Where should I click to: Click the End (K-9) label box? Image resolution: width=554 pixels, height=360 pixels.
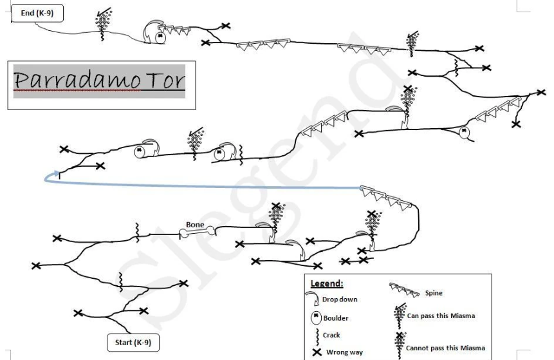click(37, 14)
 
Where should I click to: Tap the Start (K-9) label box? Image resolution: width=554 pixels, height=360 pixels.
click(133, 343)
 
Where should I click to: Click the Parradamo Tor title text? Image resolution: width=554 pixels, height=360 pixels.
click(99, 81)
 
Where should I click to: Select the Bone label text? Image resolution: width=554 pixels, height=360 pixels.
click(195, 225)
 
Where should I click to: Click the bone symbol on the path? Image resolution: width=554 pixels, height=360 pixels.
click(197, 232)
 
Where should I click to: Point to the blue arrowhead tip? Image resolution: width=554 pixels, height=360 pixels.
click(59, 172)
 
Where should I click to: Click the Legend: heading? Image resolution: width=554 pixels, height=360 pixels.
click(327, 283)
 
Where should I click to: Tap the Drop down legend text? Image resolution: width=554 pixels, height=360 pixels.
click(340, 299)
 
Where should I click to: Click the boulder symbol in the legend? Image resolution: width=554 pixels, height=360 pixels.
click(316, 317)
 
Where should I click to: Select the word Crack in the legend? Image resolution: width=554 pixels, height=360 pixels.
click(331, 336)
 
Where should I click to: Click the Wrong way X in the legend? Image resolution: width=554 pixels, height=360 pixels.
click(317, 352)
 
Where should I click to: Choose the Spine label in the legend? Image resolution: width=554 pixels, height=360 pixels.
click(434, 293)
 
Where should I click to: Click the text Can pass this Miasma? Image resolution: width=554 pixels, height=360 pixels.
click(441, 316)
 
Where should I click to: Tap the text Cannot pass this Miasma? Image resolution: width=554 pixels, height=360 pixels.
click(445, 348)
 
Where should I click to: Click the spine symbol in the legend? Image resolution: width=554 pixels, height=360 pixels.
click(404, 290)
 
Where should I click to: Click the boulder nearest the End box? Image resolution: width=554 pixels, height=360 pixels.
click(160, 37)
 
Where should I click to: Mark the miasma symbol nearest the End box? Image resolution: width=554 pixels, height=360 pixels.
click(104, 24)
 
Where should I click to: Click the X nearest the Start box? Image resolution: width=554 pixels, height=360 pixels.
click(143, 311)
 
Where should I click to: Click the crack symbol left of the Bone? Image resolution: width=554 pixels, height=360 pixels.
click(138, 232)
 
